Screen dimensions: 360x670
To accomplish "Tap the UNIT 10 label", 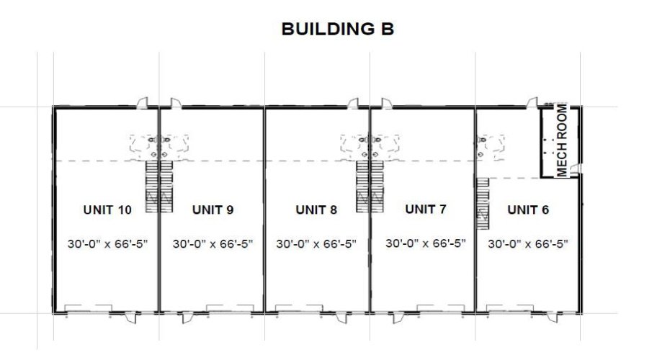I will point(107,210).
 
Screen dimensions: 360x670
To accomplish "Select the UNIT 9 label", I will point(213,210).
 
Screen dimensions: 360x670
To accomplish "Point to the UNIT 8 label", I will point(316,210).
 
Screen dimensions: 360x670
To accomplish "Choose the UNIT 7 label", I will point(426,210).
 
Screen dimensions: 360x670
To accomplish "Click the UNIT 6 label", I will point(528,210).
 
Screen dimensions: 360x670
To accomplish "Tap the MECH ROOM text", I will point(562,140).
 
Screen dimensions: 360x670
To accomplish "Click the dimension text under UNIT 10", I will point(107,244).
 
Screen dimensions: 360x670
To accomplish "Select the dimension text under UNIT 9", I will point(213,244).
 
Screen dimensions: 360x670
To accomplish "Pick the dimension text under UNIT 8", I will point(316,244).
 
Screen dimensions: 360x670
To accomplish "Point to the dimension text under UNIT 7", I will point(426,243).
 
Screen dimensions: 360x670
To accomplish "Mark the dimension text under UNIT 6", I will point(528,244).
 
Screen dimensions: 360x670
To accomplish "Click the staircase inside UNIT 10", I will point(151,186).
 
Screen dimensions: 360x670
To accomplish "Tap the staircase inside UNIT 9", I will point(166,186).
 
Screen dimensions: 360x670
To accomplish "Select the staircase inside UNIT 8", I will point(362,186).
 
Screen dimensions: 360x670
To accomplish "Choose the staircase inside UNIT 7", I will point(377,186).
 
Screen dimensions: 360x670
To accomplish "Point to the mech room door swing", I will point(574,170).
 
